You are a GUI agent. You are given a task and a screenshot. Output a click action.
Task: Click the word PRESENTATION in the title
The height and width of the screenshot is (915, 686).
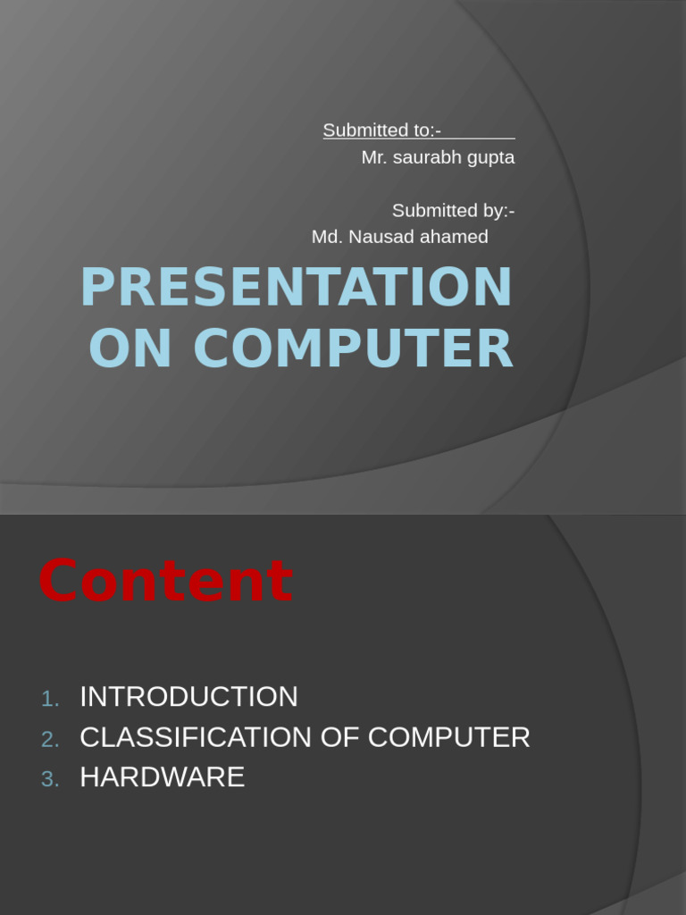[296, 288]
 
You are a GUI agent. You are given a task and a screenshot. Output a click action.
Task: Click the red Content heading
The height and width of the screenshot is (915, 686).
[166, 581]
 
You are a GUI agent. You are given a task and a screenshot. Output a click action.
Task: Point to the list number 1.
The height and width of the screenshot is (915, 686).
[50, 699]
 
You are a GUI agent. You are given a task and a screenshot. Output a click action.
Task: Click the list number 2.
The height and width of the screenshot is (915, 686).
[50, 739]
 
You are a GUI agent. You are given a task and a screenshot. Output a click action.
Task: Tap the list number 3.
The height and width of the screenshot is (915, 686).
[50, 779]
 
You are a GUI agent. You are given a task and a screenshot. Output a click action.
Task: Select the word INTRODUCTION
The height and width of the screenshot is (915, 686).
[188, 697]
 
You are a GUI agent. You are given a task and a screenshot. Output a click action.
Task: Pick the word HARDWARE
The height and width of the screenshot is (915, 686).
[162, 777]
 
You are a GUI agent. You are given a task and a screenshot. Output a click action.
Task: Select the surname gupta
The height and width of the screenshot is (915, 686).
[493, 158]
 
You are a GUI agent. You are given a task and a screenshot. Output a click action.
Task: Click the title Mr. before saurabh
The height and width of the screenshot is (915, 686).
[375, 157]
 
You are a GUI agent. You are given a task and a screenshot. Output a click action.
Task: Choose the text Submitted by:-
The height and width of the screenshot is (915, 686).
[453, 211]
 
